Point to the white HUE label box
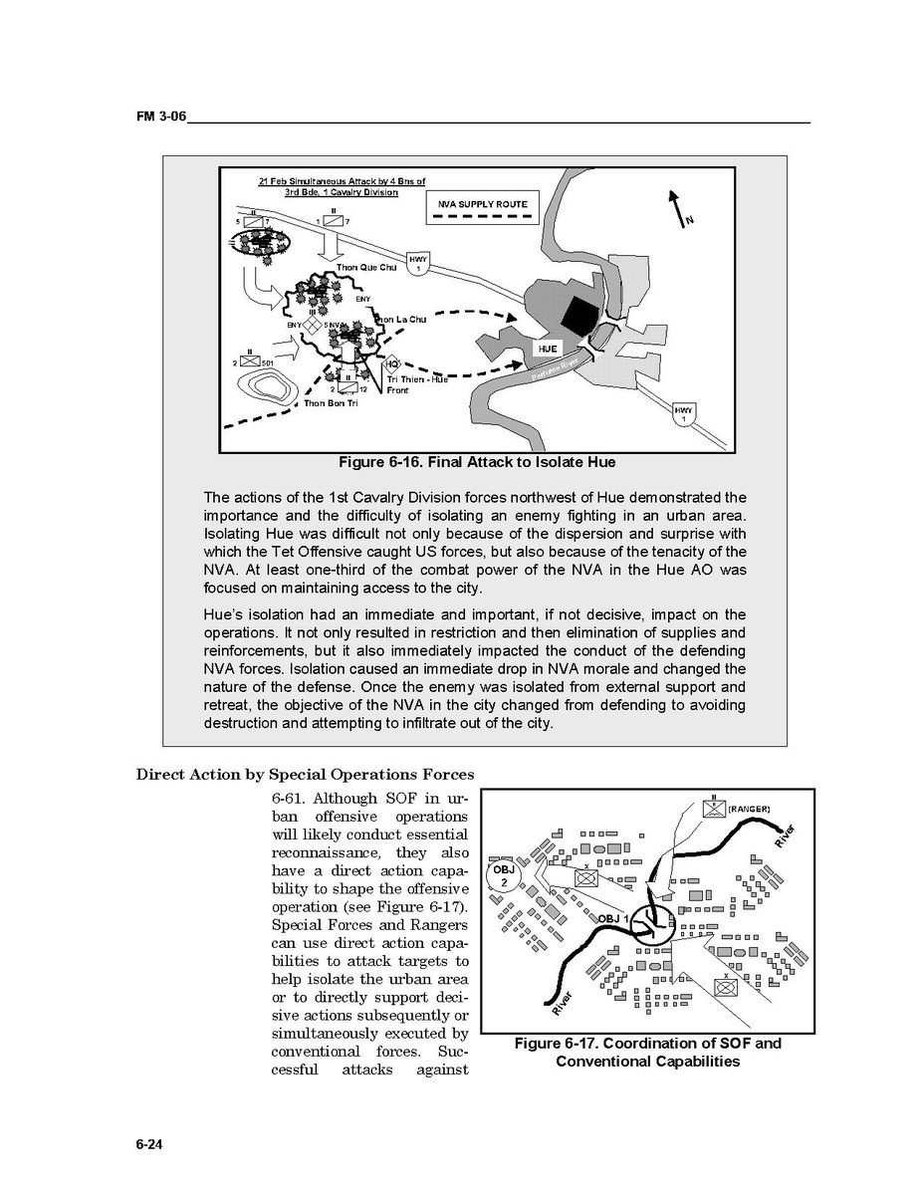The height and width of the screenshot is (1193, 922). [x=548, y=350]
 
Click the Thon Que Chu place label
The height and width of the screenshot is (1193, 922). [x=366, y=268]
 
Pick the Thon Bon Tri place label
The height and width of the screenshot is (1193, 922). [x=331, y=402]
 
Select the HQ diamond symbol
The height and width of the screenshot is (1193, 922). [x=392, y=364]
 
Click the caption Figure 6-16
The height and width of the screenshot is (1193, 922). [x=476, y=462]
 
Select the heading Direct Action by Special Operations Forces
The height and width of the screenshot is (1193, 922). [x=305, y=775]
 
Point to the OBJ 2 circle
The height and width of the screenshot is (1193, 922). [x=504, y=876]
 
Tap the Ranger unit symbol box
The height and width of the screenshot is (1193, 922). [x=714, y=808]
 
